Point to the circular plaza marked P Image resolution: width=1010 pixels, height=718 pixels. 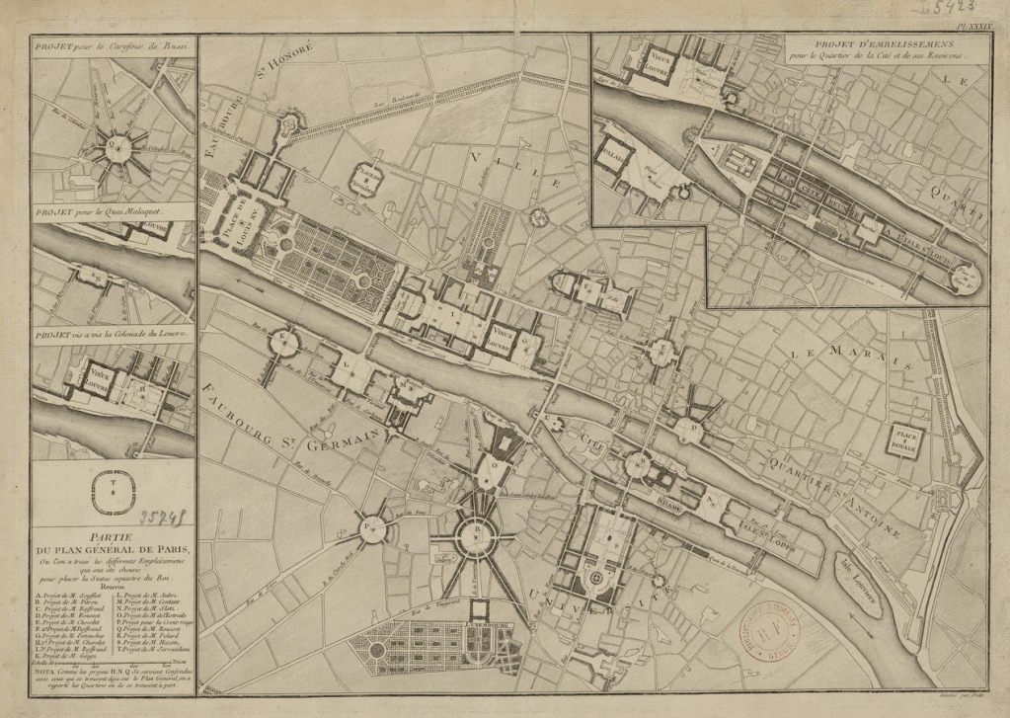pos(372,529)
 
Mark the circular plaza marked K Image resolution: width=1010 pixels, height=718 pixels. pos(284,343)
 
